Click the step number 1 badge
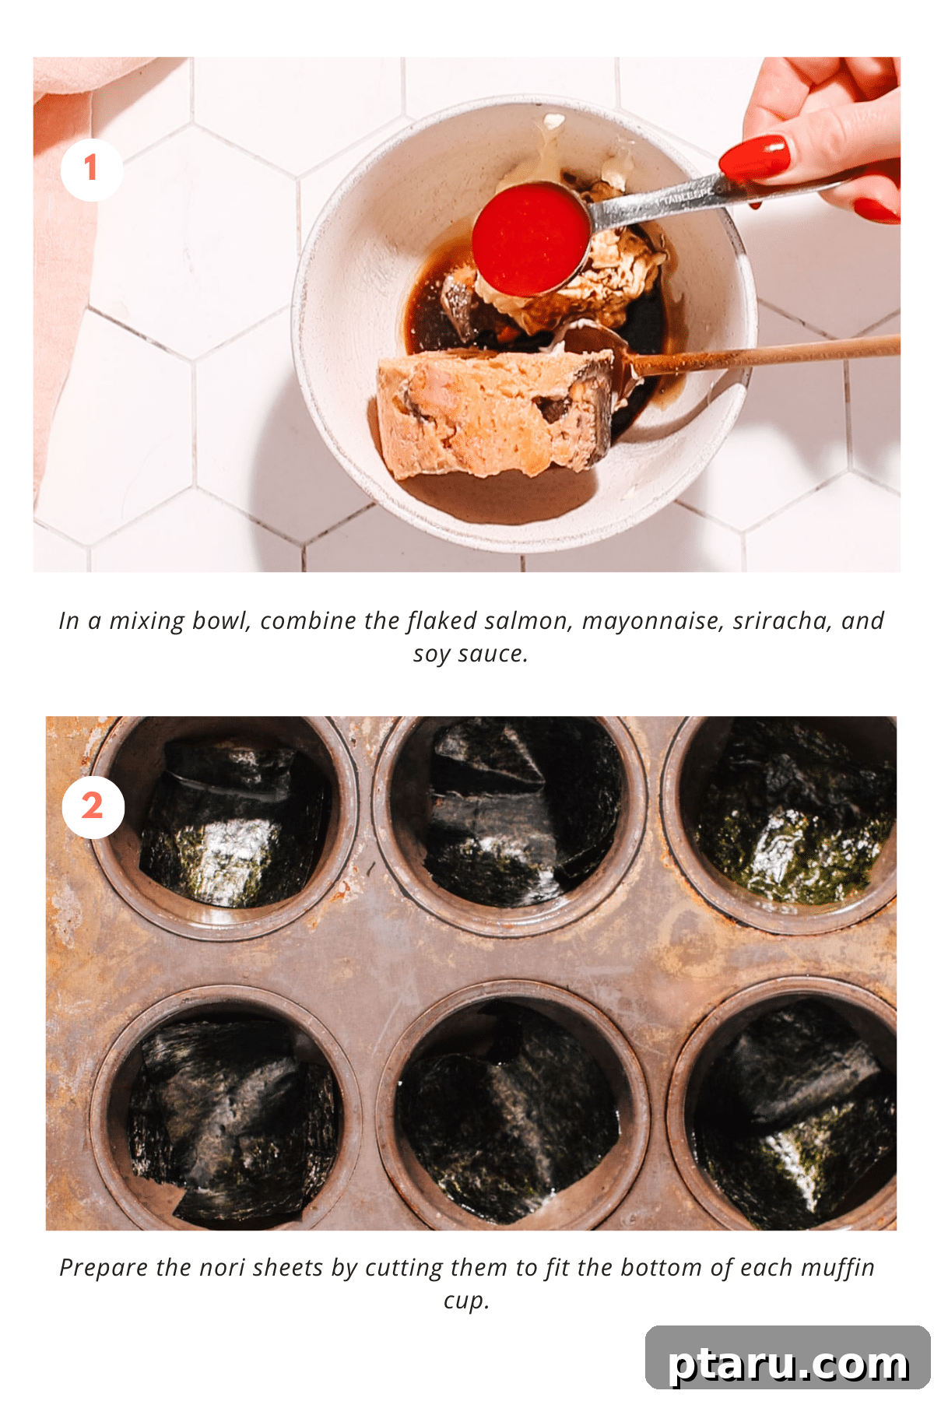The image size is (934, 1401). [92, 170]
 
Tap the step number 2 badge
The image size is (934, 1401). [93, 807]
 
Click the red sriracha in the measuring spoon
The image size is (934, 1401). [531, 238]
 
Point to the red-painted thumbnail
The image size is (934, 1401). [753, 158]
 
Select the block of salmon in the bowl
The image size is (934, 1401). [495, 413]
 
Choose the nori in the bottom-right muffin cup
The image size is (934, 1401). [794, 1113]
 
